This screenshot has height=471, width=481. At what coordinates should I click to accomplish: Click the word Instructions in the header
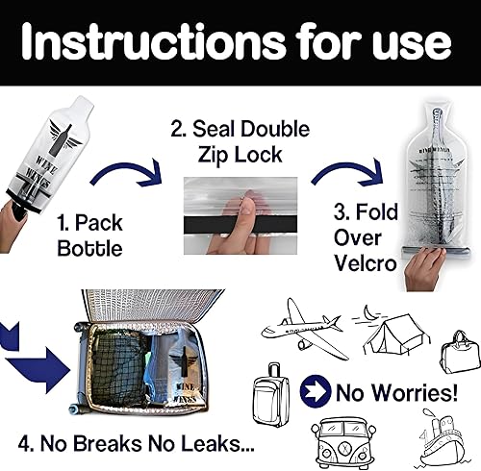153,42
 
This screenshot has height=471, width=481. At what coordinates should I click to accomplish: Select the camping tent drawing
396,335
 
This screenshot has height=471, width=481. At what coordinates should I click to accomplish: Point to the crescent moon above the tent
368,312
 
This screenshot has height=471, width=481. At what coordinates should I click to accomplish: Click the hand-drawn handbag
460,353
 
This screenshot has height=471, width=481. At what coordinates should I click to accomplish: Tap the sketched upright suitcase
271,395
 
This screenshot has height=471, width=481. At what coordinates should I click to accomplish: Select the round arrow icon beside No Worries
315,391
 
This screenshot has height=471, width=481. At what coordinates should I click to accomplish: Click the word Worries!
417,392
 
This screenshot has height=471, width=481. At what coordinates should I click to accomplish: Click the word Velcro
366,263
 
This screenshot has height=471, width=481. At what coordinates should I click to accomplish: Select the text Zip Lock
240,155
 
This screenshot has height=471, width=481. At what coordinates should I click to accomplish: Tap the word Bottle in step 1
89,248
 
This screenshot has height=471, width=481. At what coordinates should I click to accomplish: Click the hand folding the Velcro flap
425,269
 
